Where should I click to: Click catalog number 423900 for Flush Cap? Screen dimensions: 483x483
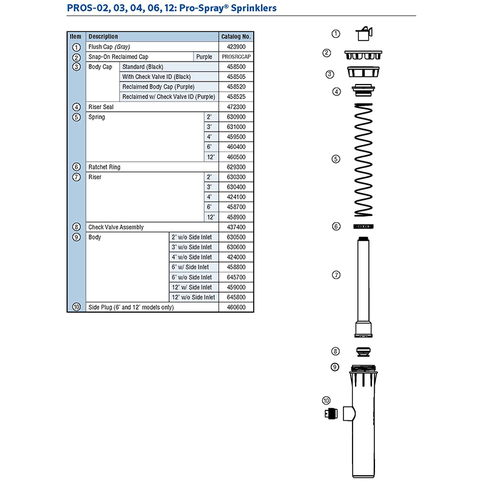pos(235,46)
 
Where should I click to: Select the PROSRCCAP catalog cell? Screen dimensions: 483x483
pos(235,57)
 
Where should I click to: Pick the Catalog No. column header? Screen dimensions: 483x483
pos(235,37)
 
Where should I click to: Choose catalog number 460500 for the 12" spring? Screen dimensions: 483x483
pos(235,157)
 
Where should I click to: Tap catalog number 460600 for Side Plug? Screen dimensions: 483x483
pos(235,307)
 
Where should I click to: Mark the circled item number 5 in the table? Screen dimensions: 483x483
pos(76,117)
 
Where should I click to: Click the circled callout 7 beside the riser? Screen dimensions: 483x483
pos(336,275)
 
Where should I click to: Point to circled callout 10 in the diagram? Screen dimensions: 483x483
pos(327,400)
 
